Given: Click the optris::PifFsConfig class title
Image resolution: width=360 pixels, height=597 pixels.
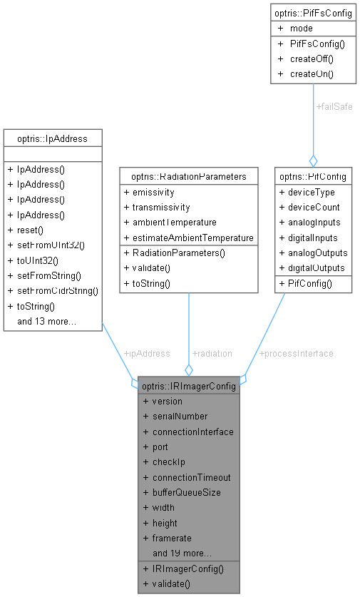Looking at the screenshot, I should pyautogui.click(x=312, y=13).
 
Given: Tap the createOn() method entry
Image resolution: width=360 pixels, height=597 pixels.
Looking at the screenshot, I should pyautogui.click(x=312, y=73).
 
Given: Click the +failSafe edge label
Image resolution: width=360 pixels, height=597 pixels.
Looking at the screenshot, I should pyautogui.click(x=334, y=106).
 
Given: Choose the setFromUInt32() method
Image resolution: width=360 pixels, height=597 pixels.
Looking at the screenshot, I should pyautogui.click(x=46, y=245).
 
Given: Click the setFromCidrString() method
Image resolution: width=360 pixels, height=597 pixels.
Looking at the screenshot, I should pyautogui.click(x=52, y=291).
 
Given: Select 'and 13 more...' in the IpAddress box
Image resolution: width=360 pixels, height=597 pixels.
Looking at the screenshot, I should pyautogui.click(x=46, y=322).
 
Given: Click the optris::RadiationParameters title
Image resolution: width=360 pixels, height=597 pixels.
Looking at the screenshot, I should pyautogui.click(x=188, y=176).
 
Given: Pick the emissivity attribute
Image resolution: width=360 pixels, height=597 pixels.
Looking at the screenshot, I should pyautogui.click(x=153, y=192).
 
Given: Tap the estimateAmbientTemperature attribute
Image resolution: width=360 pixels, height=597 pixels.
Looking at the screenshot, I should pyautogui.click(x=188, y=238).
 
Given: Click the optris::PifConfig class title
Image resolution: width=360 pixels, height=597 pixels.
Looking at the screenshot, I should pyautogui.click(x=313, y=176).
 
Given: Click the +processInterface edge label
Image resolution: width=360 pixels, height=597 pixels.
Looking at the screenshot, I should pyautogui.click(x=296, y=353).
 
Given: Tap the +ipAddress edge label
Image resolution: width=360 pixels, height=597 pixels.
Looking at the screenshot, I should pyautogui.click(x=147, y=353).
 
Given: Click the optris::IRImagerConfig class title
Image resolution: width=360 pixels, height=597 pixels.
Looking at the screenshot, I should pyautogui.click(x=188, y=386).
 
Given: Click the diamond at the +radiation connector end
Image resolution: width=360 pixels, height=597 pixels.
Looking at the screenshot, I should pyautogui.click(x=188, y=369).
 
